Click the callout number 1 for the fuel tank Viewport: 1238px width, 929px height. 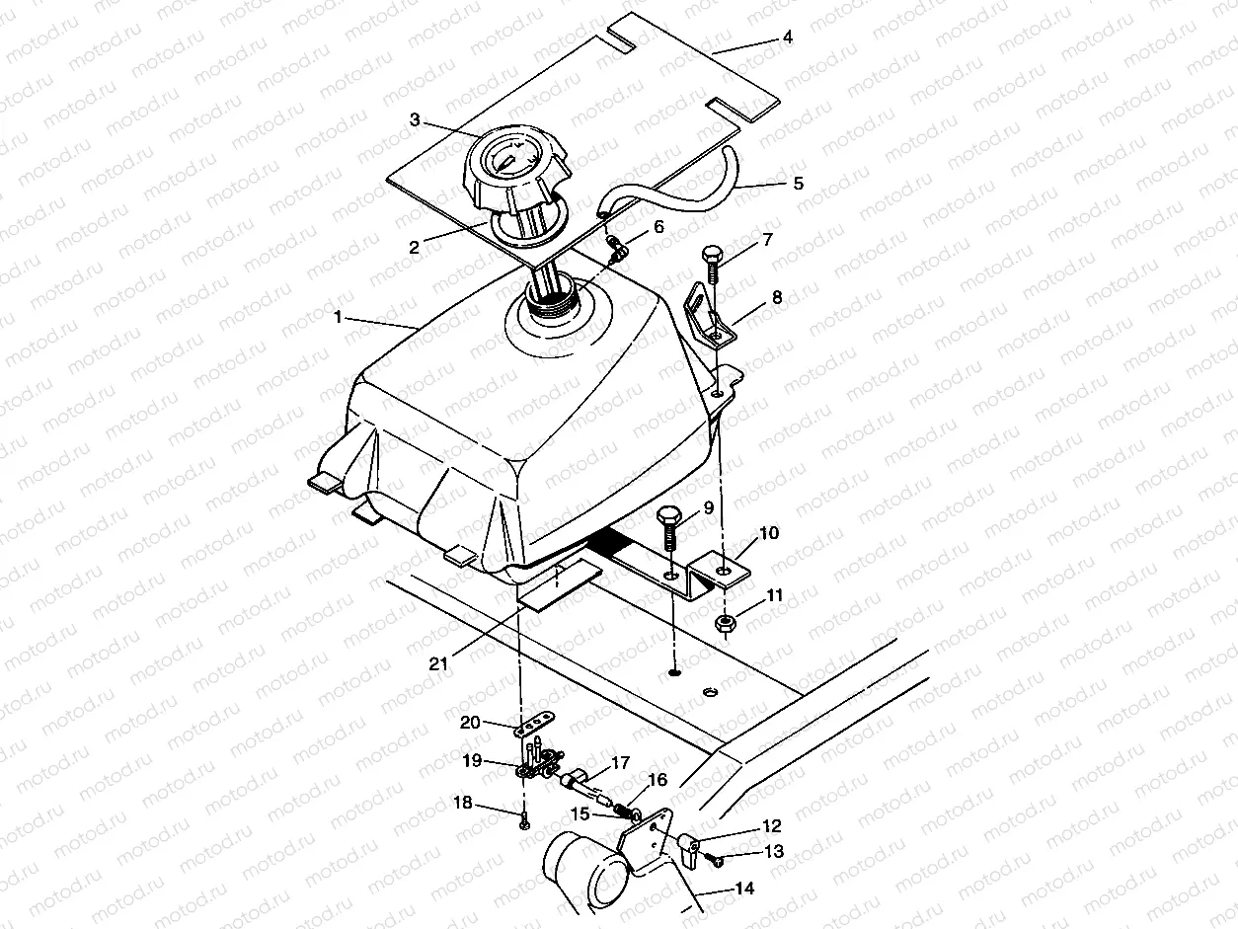pos(338,318)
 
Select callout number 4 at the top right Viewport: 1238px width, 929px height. pos(787,38)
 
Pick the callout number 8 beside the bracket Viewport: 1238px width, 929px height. pos(777,295)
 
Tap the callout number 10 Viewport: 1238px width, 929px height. pos(769,534)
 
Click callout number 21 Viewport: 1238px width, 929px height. pos(438,663)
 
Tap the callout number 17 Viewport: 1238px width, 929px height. pos(620,763)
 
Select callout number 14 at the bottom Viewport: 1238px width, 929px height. pos(743,889)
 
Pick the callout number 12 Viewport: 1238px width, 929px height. pos(771,825)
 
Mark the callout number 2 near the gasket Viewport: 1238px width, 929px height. pos(415,247)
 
